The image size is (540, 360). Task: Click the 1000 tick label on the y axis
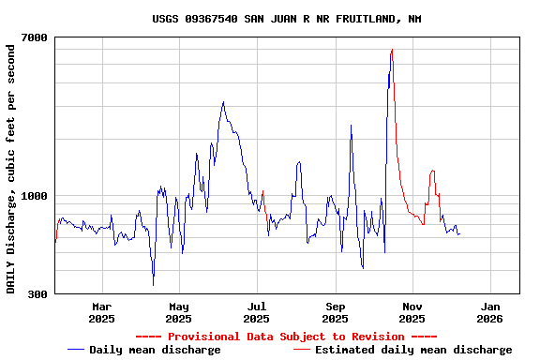35,196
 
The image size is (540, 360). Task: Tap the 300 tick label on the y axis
37,294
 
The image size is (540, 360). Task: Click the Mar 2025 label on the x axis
101,312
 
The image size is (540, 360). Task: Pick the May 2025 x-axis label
179,312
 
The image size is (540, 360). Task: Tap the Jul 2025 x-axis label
257,312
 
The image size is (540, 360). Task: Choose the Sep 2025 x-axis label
336,312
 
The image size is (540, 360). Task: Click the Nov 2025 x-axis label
412,312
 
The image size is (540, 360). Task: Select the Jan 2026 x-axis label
490,312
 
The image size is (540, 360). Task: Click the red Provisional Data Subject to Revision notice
286,337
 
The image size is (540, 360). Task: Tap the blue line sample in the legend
76,350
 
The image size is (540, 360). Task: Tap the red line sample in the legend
301,350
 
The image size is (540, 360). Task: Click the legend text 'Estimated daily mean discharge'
413,350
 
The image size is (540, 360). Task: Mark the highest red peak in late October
392,50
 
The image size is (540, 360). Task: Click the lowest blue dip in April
153,284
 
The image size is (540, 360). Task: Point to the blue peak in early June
223,102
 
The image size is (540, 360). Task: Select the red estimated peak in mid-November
432,171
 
